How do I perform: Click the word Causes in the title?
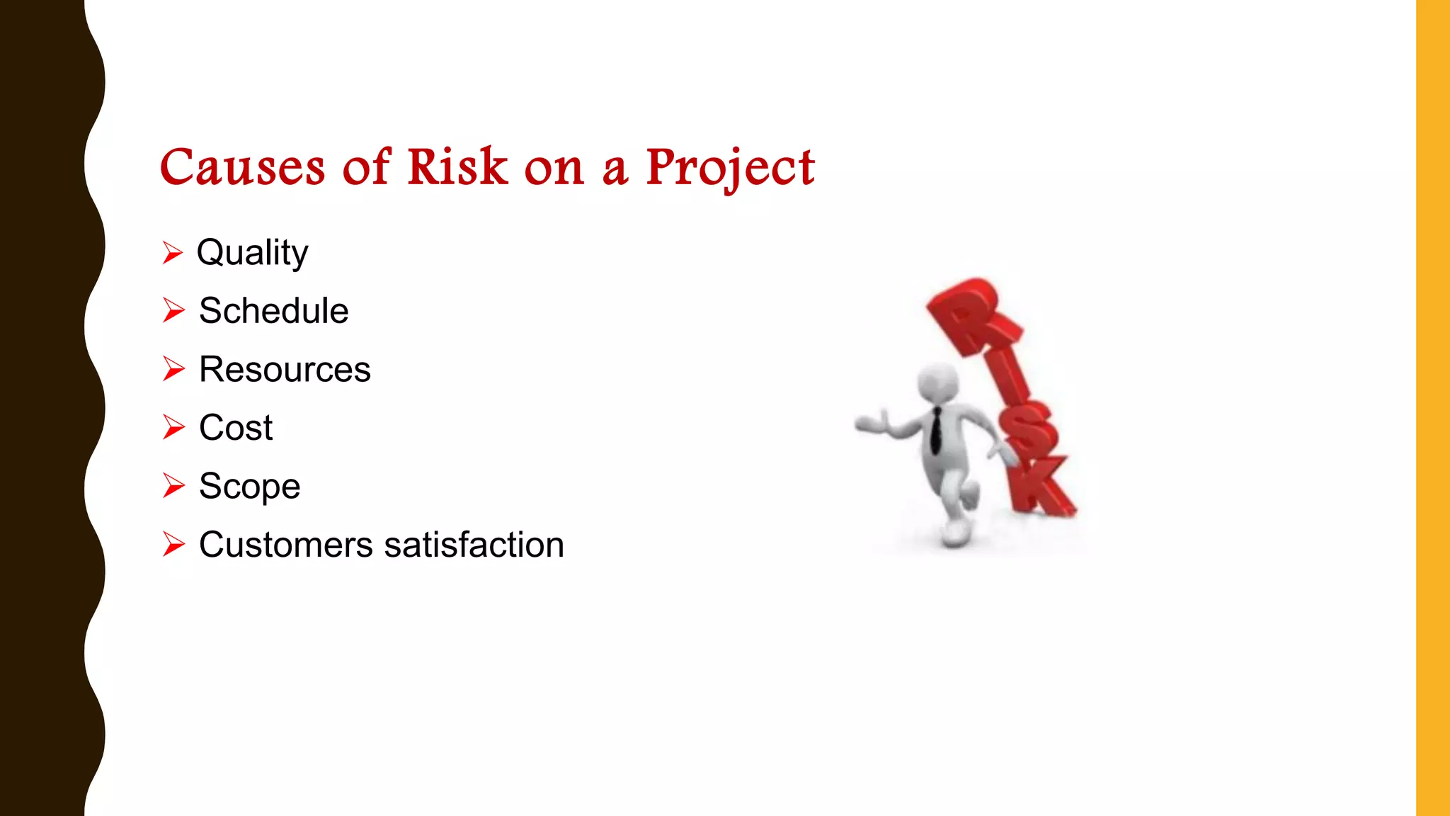242,168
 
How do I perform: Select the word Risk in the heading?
457,168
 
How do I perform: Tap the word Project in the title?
730,168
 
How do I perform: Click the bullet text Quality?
252,253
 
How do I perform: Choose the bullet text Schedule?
273,311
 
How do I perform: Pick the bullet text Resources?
285,370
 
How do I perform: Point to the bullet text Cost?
236,428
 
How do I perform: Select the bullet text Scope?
249,487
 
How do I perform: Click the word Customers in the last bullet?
286,545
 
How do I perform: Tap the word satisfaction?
474,545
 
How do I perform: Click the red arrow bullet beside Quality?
173,252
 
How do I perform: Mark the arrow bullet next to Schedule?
173,310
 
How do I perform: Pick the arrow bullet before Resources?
173,369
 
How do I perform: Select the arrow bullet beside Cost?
173,427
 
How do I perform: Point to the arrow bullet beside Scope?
173,486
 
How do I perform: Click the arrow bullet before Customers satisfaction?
173,544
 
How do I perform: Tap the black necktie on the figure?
936,430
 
